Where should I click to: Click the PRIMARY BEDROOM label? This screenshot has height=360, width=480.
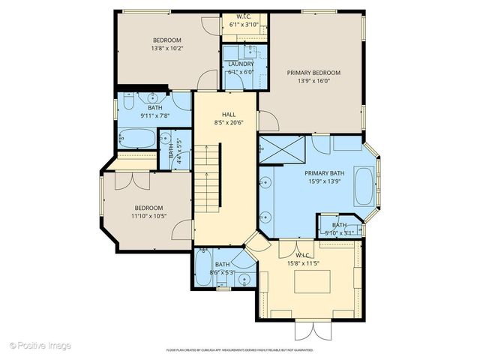pos(313,73)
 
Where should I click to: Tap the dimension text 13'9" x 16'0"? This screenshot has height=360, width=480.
pos(313,82)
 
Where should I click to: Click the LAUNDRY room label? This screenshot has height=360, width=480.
pos(241,64)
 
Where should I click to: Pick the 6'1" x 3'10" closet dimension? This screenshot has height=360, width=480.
pos(244,24)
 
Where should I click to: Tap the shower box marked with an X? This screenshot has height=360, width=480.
pos(283,147)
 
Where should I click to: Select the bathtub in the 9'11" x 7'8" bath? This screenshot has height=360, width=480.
pos(137,139)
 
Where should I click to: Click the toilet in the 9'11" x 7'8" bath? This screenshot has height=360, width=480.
pos(128,100)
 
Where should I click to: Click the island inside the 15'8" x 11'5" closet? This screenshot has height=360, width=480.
pos(313,282)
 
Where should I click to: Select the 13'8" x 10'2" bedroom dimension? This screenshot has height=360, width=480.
pos(168,48)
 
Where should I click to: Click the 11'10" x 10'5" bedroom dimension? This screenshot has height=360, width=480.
pos(150,216)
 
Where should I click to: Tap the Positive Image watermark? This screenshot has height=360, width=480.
pos(41,345)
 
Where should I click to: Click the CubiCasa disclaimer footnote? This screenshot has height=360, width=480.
pos(240,349)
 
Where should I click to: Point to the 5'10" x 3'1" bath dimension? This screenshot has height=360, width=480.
pos(340,233)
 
